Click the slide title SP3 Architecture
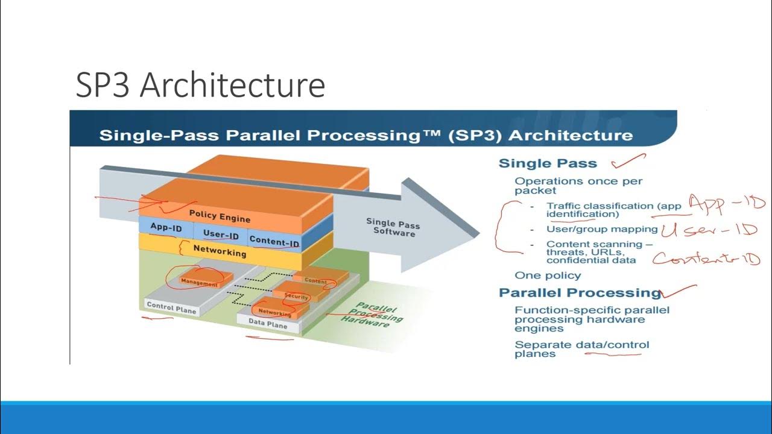[200, 85]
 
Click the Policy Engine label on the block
[220, 216]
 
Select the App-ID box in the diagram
[166, 228]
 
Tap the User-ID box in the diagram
[221, 235]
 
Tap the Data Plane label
[268, 322]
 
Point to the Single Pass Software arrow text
[393, 227]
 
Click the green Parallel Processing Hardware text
[379, 313]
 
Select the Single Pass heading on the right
[548, 163]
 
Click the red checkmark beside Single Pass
[627, 161]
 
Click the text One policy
[548, 275]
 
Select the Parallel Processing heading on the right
[580, 293]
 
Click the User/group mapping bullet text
[602, 229]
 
